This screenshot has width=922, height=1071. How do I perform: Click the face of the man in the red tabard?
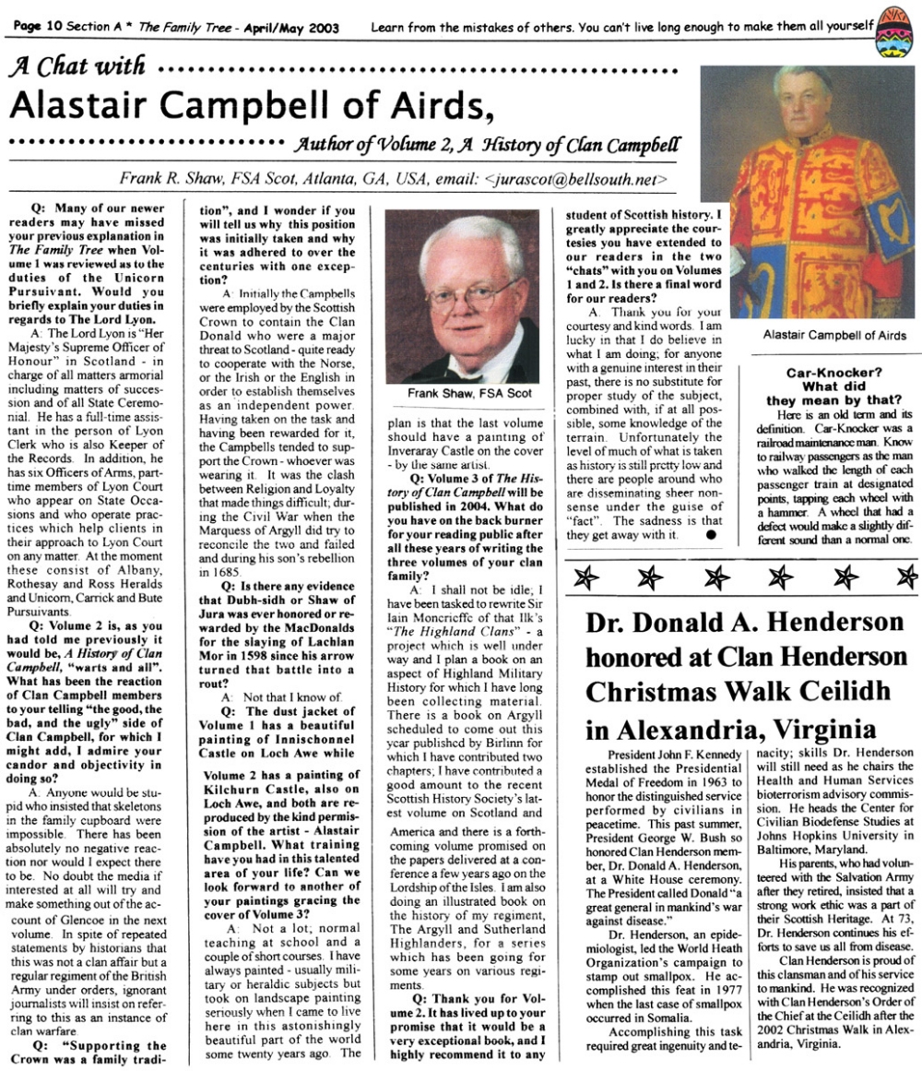802,97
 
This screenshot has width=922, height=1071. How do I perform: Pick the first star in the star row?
585,578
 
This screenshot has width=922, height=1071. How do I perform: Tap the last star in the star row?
907,578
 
